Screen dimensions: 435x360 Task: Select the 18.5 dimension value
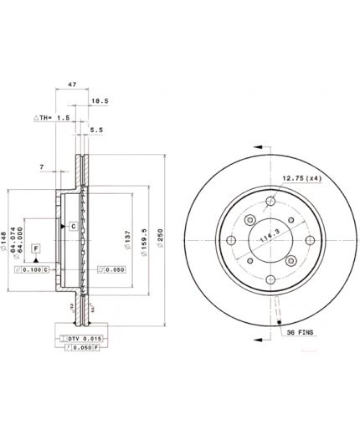coord(100,100)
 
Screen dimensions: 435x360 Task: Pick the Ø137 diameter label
coord(127,242)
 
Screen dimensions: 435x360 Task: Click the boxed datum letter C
coord(73,227)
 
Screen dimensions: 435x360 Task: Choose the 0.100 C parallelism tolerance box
coord(34,269)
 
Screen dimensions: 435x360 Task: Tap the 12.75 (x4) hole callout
coord(301,178)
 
